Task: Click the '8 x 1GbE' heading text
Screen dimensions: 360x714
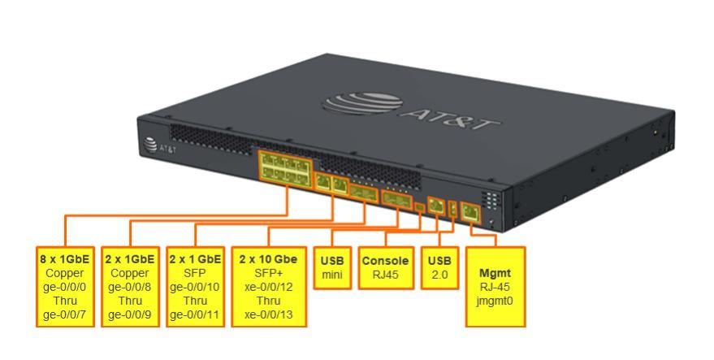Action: [65, 259]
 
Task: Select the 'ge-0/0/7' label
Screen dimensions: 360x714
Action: [65, 314]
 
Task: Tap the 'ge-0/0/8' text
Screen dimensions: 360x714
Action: [130, 287]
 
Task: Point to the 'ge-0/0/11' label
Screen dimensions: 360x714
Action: [195, 314]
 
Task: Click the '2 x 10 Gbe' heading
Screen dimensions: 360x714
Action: [268, 259]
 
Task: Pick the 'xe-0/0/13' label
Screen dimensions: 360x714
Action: [268, 314]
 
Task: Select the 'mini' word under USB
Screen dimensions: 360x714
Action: [332, 275]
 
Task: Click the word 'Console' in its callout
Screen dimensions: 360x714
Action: [385, 261]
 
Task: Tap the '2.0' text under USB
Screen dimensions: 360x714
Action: [439, 275]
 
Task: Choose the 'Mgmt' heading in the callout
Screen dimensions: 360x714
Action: [495, 273]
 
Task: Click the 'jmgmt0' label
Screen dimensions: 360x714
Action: [495, 301]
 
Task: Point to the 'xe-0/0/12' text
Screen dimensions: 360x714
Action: [268, 287]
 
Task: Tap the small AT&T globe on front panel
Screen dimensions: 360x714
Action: [150, 145]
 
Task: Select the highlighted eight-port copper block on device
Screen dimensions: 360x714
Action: [285, 167]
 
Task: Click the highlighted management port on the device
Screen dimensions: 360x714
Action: [470, 213]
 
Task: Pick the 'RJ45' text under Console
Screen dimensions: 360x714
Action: [385, 275]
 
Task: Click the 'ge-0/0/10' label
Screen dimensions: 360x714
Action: [195, 287]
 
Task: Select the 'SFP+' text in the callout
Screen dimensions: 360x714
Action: [268, 273]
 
